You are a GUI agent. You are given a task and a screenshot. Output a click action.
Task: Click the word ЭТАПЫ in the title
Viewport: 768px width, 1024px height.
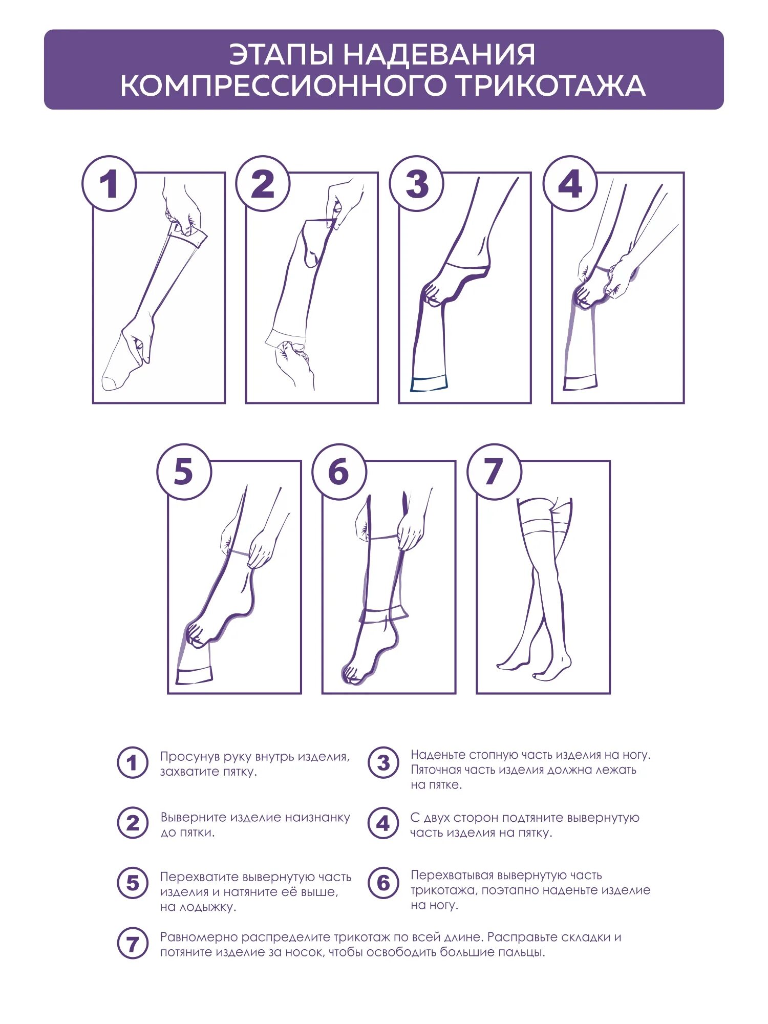(281, 54)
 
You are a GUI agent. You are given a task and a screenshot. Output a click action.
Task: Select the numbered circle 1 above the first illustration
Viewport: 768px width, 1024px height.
(109, 183)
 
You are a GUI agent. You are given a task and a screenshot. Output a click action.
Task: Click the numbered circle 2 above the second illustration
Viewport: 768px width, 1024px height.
(263, 183)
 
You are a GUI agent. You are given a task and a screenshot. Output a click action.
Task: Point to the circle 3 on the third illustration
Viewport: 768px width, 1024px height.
(416, 183)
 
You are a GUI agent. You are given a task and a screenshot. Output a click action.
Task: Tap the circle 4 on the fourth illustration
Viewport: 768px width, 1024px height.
(570, 183)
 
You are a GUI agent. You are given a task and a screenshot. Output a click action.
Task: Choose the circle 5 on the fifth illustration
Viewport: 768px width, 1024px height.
(184, 472)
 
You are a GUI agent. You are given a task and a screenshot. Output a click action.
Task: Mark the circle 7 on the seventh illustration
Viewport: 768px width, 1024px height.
(494, 472)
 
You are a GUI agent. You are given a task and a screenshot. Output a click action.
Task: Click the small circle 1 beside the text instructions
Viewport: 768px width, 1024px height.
(132, 763)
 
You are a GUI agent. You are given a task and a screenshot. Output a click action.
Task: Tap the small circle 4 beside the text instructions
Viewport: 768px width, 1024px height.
(383, 823)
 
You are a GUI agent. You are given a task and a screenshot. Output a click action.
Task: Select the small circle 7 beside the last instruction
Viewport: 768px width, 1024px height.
(132, 944)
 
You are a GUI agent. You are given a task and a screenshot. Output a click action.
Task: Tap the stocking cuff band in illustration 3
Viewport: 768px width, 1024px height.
(429, 383)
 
